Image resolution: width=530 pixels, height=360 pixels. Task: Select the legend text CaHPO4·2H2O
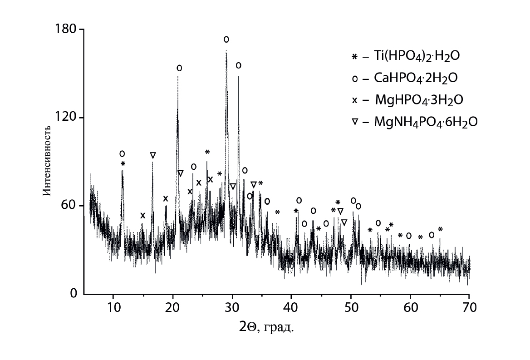415,79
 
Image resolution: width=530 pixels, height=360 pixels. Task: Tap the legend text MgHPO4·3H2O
419,100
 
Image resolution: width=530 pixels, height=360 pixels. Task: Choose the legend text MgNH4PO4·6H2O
426,122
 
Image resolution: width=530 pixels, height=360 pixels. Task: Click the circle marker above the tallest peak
226,39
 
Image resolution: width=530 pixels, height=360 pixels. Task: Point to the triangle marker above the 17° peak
153,155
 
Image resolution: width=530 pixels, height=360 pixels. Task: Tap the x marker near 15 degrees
143,215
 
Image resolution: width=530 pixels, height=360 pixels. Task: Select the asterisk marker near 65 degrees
440,229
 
